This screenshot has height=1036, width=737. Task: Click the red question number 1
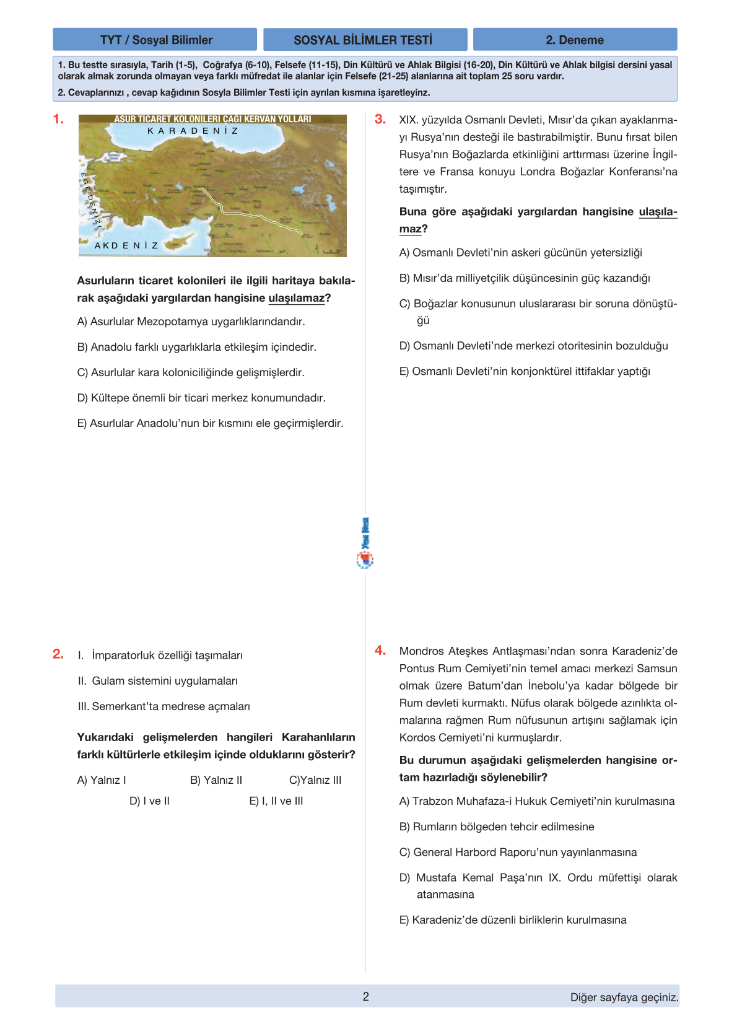58,119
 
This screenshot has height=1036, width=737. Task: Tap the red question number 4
380,651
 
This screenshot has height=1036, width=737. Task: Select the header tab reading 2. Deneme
575,40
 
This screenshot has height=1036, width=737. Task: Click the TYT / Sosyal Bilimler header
155,40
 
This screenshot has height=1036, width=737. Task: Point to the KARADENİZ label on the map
193,131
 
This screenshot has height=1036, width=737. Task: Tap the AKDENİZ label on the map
127,245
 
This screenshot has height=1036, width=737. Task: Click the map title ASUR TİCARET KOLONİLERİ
212,119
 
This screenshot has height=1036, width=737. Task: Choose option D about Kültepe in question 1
201,398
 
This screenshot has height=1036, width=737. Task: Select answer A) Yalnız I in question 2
102,780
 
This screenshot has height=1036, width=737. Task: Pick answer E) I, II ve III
276,801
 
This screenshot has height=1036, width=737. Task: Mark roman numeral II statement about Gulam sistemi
158,681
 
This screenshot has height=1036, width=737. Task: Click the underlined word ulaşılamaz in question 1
296,298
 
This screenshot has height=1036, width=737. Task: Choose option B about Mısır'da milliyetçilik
525,278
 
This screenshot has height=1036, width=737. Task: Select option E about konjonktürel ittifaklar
525,371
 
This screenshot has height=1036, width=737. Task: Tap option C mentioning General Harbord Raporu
518,852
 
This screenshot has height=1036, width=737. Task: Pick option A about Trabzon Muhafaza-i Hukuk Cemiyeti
536,801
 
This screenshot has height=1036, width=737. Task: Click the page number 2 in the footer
366,996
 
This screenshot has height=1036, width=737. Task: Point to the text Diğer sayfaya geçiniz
624,998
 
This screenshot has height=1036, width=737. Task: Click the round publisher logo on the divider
365,560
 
